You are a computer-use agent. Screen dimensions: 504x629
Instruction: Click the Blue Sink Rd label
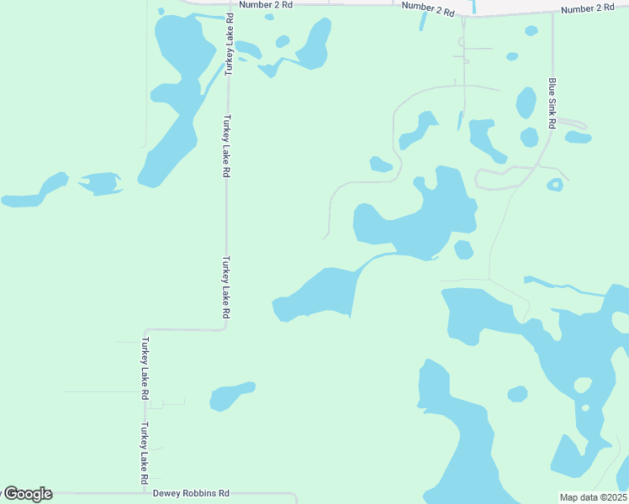point(552,103)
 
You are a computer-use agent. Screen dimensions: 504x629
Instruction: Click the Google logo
point(27,494)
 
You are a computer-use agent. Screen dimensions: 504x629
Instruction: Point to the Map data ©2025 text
point(593,497)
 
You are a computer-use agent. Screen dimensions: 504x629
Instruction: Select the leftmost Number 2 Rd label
point(265,5)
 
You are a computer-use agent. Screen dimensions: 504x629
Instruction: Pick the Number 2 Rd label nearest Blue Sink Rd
point(587,8)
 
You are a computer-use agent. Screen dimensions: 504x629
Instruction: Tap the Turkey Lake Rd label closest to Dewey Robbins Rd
point(145,447)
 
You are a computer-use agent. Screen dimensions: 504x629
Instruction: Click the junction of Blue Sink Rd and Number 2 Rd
point(552,13)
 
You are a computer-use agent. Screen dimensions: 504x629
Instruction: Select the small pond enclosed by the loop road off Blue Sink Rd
point(554,185)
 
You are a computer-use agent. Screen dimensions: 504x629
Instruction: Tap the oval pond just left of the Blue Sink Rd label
point(526,102)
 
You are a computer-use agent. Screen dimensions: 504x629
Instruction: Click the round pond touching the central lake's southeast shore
point(463,249)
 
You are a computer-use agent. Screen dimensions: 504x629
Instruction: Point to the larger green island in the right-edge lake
point(582,386)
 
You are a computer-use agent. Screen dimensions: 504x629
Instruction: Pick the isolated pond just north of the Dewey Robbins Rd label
point(230,396)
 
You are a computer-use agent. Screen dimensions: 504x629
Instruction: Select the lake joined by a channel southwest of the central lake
point(317,294)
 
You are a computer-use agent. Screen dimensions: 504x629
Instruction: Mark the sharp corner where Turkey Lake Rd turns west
point(225,328)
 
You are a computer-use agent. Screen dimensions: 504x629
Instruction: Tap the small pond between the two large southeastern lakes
point(517,393)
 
